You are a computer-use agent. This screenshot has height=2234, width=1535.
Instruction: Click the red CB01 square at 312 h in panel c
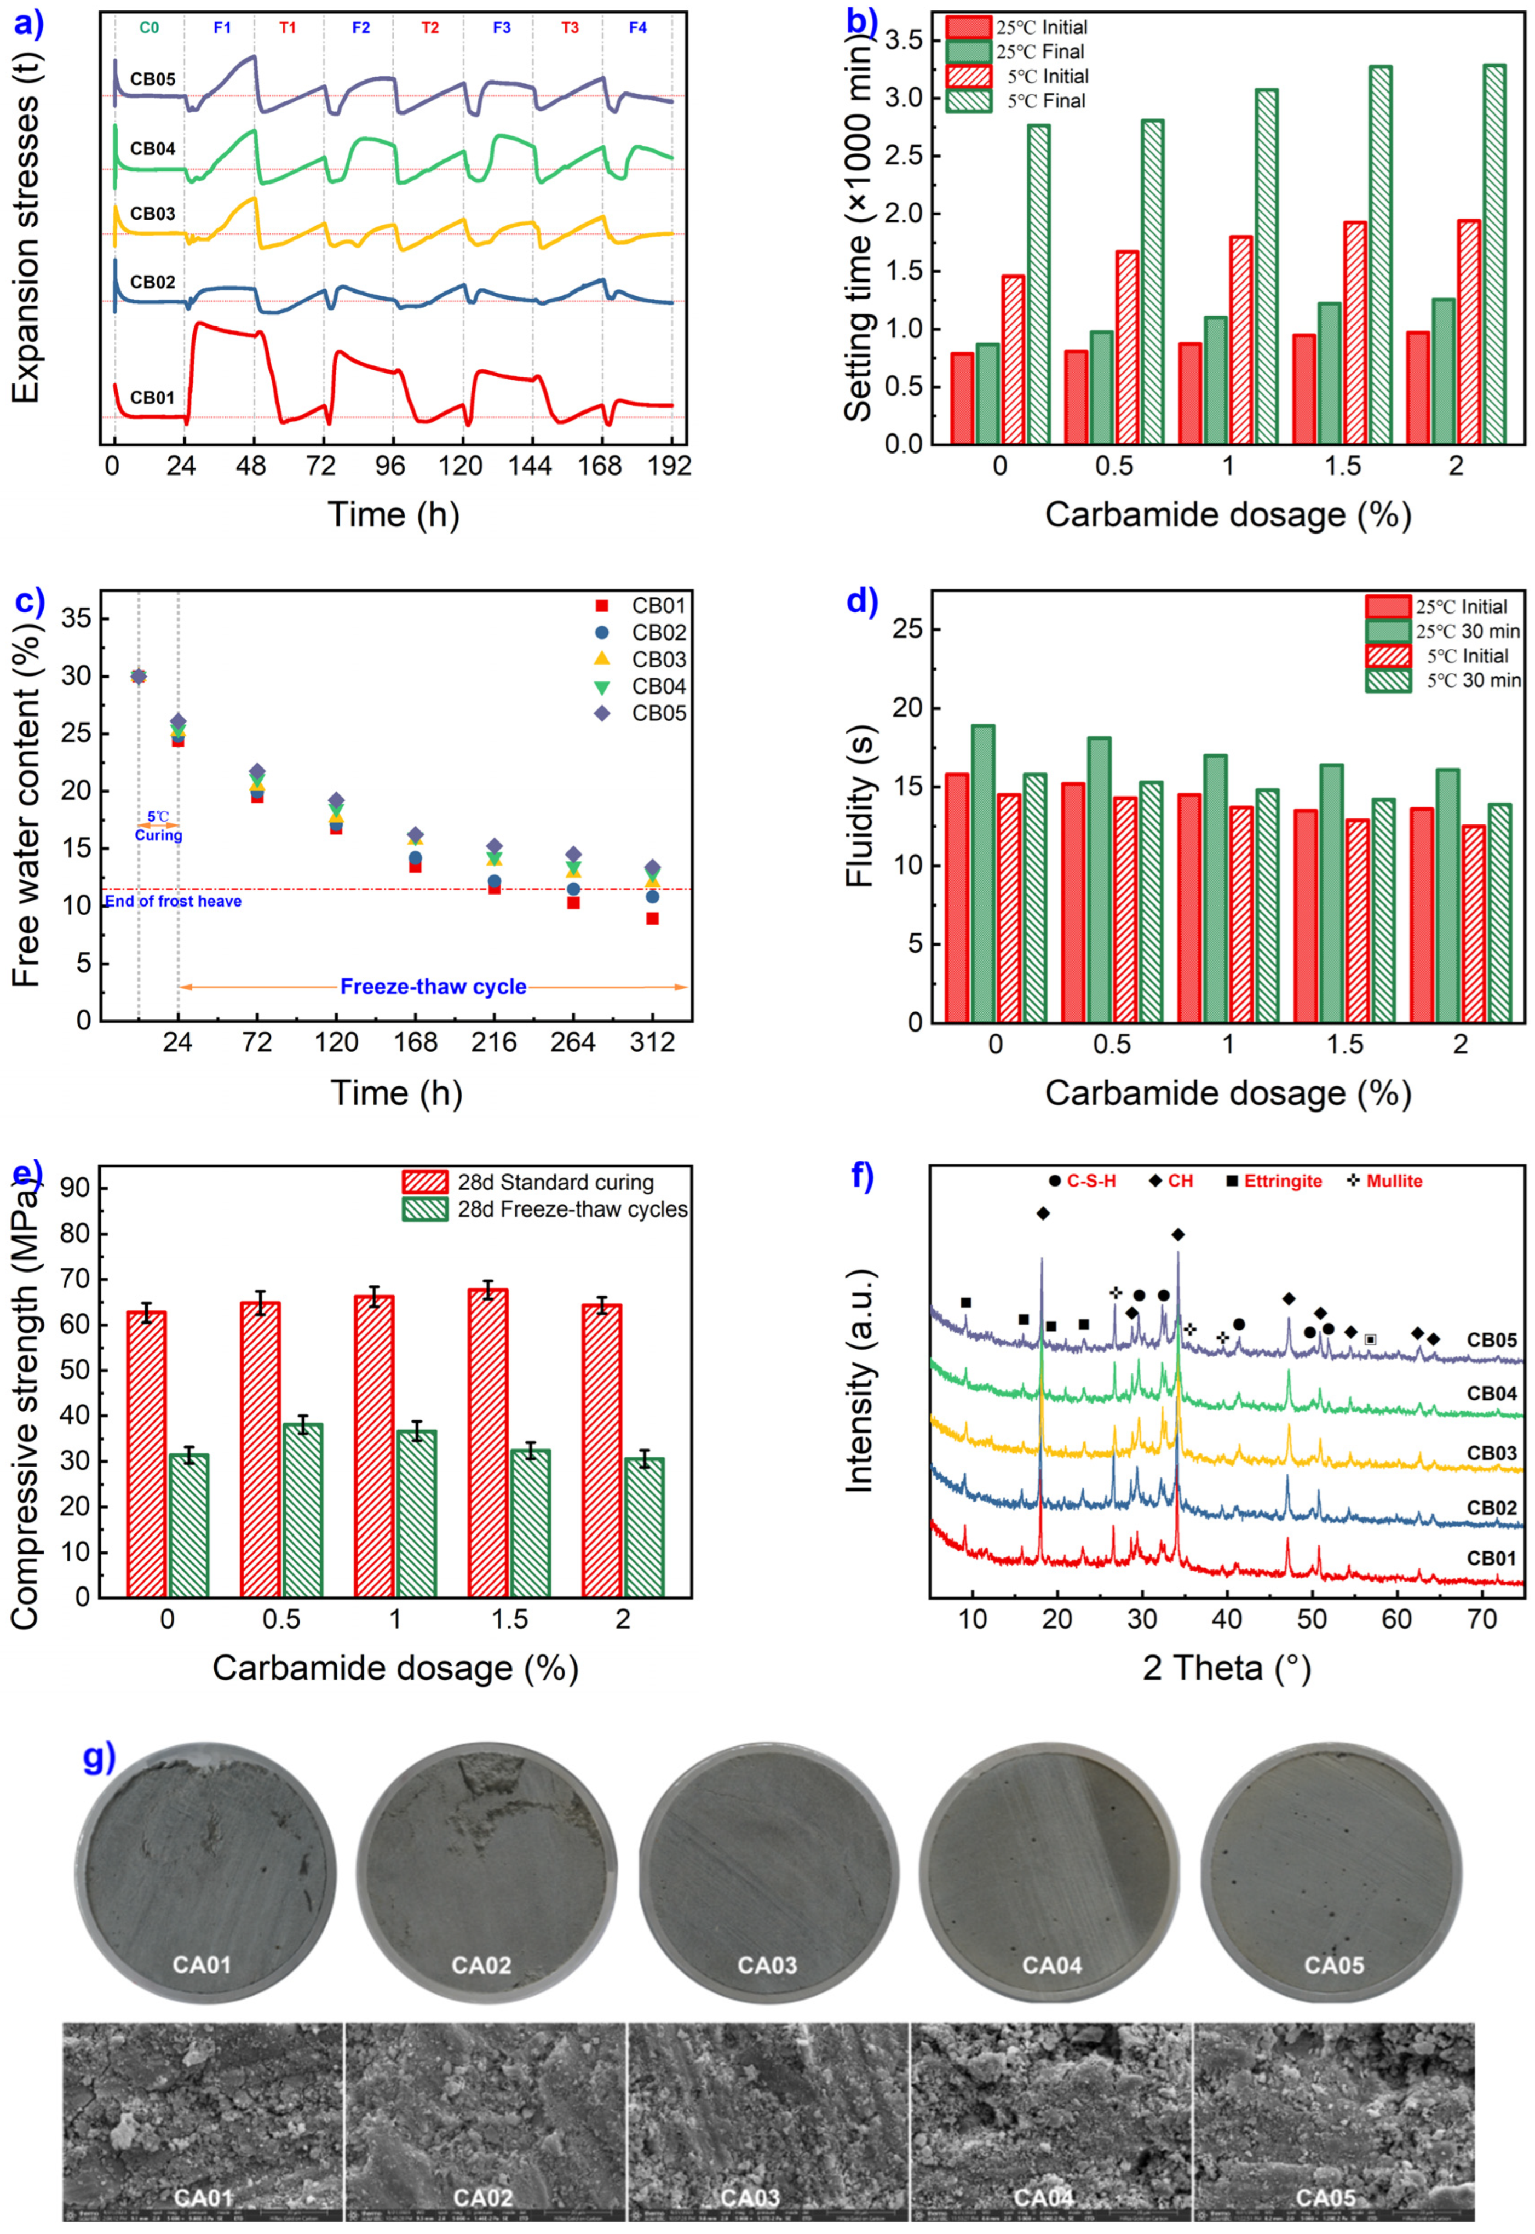coord(652,919)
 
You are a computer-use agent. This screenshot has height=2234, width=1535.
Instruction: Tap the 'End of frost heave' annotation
coord(173,902)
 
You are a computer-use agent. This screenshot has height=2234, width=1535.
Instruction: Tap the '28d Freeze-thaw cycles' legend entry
coord(571,1210)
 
